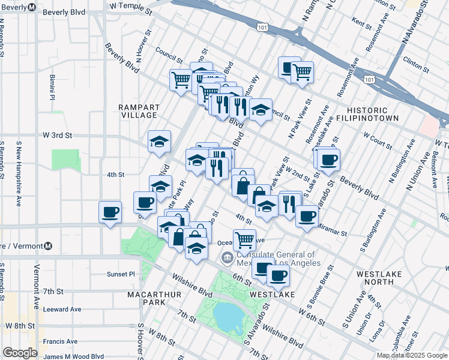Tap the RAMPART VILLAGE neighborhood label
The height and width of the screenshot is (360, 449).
tap(139, 111)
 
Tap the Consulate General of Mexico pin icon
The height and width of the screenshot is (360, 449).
tap(227, 259)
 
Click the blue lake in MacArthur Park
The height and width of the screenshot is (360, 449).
tap(226, 316)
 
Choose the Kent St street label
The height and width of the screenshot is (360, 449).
tap(363, 25)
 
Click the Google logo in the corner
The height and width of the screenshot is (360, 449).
tap(19, 353)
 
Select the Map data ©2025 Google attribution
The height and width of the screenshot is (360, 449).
tap(412, 355)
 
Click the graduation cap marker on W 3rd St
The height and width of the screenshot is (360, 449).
tap(159, 142)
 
